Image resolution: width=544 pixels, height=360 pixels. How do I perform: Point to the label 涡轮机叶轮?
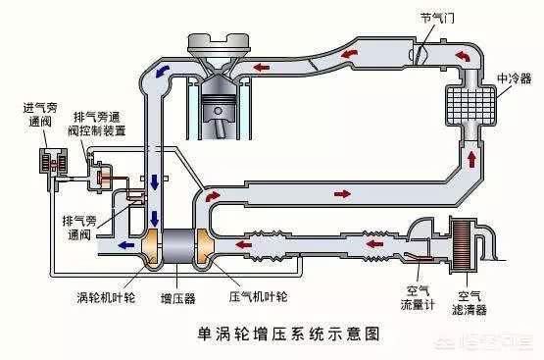pos(105,293)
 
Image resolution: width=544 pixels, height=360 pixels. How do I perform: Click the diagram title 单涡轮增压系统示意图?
pos(271,334)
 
